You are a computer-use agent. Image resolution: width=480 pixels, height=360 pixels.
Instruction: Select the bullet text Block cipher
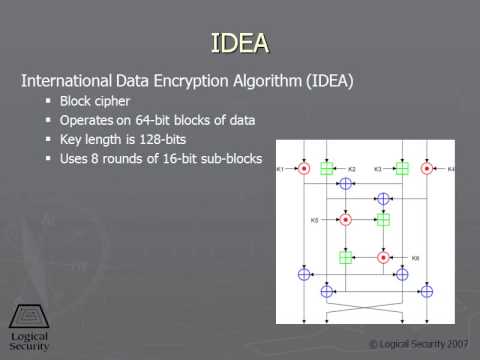pos(95,101)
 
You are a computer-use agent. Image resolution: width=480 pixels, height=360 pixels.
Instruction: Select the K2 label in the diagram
pos(351,169)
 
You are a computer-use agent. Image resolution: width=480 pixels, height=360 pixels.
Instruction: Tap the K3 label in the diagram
pos(379,169)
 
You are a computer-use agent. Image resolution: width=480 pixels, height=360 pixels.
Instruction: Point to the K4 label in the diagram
pos(451,169)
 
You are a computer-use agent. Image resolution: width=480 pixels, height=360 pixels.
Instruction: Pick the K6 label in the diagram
pos(415,257)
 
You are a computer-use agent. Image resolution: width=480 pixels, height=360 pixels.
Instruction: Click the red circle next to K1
pos(304,168)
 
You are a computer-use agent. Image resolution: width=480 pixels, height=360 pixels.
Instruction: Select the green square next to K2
pos(327,169)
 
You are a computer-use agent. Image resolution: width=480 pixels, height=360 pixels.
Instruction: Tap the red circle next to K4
pos(427,169)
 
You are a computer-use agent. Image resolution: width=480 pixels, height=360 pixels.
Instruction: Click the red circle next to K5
pos(346,219)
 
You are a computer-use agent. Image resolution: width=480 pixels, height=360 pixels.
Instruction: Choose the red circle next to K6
pos(384,257)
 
